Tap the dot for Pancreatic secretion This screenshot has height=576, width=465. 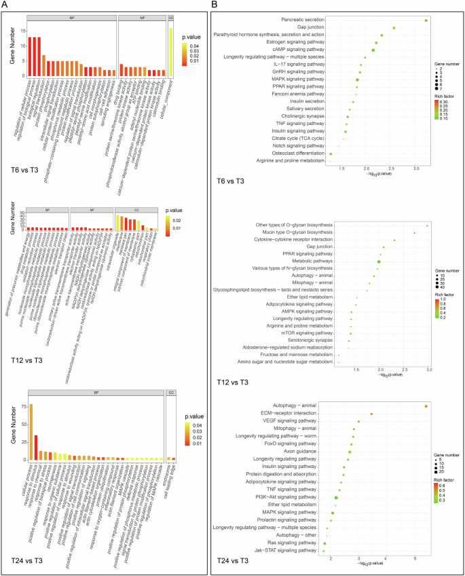pyautogui.click(x=426, y=20)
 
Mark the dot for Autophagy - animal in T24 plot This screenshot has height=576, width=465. pyautogui.click(x=426, y=406)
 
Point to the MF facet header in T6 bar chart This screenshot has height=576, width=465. pyautogui.click(x=141, y=17)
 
